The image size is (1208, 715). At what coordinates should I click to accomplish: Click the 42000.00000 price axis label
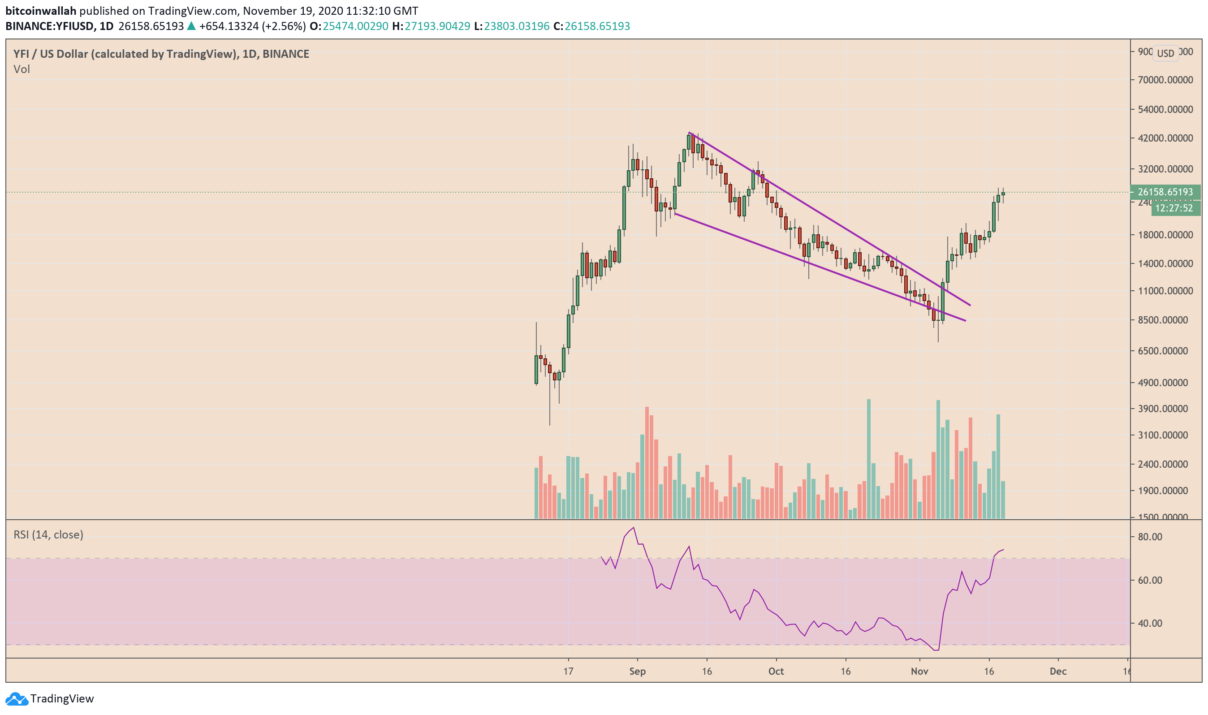coord(1165,138)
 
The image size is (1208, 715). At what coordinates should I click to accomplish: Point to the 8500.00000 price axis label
coord(1165,320)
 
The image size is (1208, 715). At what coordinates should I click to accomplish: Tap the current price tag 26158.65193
coord(1165,192)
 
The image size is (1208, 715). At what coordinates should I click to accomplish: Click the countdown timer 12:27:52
coord(1174,209)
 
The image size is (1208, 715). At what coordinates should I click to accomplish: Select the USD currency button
coord(1165,53)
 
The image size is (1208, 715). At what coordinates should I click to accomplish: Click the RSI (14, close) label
coord(48,535)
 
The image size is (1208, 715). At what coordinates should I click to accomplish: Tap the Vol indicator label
coord(22,69)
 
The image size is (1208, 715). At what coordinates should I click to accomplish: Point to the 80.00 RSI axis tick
coord(1150,537)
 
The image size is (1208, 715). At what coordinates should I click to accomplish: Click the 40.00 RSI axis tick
coord(1150,624)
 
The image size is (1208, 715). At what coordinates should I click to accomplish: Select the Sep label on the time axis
coord(638,672)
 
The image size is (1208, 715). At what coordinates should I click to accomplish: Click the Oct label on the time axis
coord(776,672)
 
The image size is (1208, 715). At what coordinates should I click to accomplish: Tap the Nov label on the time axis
coord(919,672)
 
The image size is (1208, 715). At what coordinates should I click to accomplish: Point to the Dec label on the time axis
coord(1058,672)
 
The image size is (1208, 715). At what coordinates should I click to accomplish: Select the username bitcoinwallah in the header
coord(41,11)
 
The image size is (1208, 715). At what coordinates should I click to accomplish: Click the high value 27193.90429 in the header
coord(437,26)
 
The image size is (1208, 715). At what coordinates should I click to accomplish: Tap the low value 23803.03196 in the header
coord(517,26)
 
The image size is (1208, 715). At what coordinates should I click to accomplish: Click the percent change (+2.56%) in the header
coord(283,26)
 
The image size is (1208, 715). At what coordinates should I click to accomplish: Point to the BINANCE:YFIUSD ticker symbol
coord(50,26)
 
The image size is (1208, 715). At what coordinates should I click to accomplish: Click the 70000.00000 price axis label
coord(1165,80)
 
